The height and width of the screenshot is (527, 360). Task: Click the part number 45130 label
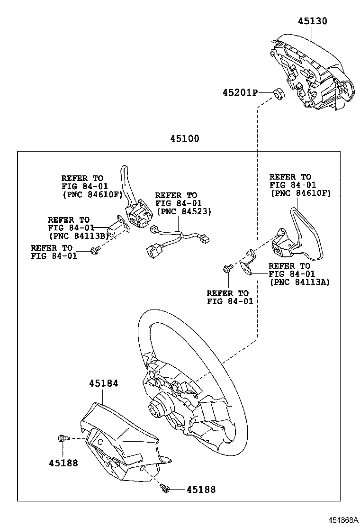(312, 21)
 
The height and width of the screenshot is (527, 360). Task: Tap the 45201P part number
(240, 93)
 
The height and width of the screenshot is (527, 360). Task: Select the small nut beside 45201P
(279, 93)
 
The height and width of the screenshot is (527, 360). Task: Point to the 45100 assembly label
(185, 139)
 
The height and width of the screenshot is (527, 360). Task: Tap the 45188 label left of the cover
(63, 463)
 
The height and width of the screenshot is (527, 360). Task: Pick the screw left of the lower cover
(62, 439)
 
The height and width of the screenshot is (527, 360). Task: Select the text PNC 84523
(183, 211)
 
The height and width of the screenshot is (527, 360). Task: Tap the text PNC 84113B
(79, 236)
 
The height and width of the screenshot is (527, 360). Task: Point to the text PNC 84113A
(299, 282)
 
